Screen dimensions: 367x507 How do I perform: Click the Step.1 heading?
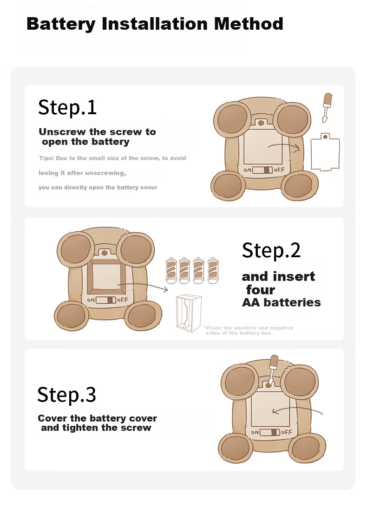(x=67, y=107)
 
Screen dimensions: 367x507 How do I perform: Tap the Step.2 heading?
(x=271, y=251)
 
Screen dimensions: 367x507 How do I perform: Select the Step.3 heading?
(x=67, y=395)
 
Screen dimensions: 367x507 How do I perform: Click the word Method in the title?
(x=249, y=24)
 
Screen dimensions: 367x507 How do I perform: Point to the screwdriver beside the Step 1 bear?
(x=327, y=107)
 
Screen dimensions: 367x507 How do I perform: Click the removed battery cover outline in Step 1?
(x=325, y=151)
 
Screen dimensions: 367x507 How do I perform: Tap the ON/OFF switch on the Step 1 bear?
(x=262, y=170)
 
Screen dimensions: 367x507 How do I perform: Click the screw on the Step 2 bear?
(x=104, y=253)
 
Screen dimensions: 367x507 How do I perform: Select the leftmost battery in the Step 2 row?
(x=171, y=271)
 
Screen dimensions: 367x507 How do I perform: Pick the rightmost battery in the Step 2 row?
(x=213, y=271)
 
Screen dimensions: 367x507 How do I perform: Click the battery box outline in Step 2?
(x=189, y=313)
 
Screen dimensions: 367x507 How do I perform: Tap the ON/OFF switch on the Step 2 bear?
(x=106, y=300)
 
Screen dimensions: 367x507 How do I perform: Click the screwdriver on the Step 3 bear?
(x=272, y=370)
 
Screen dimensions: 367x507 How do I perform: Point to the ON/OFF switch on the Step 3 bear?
(x=269, y=432)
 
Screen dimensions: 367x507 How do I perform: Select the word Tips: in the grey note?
(x=46, y=158)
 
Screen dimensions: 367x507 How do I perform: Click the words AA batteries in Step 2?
(x=281, y=302)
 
